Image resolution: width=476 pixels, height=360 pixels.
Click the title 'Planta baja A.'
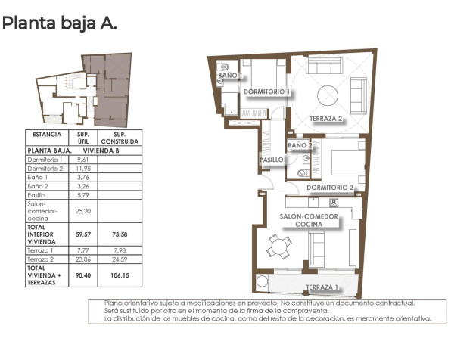60,23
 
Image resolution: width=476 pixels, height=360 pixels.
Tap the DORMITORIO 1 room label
267,92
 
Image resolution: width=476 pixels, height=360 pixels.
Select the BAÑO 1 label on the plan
230,76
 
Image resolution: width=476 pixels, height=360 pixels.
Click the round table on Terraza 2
328,95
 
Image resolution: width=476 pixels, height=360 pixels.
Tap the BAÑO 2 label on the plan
300,145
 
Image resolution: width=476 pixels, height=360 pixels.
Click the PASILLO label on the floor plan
272,160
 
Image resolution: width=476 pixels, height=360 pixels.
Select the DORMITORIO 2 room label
330,187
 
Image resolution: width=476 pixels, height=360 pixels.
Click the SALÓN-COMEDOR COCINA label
308,221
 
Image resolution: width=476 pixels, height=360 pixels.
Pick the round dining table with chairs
280,245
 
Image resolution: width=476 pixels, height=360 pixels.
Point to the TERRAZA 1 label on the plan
322,287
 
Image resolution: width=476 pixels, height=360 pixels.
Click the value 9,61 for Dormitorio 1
83,160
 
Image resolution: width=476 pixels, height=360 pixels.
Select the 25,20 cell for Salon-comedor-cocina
83,212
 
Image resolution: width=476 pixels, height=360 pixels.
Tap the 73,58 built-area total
120,234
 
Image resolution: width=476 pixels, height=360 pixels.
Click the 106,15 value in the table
120,275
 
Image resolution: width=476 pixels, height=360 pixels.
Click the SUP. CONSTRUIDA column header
120,138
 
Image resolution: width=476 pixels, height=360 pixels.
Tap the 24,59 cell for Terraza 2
120,259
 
